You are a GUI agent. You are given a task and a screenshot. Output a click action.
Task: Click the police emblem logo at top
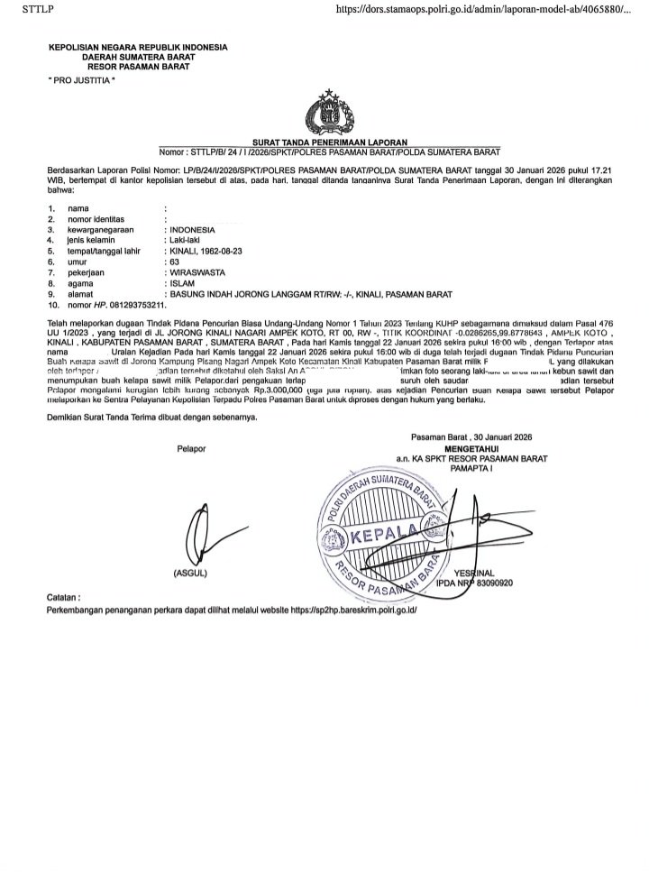[x=326, y=113]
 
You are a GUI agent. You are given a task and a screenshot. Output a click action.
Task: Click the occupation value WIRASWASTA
[x=197, y=271]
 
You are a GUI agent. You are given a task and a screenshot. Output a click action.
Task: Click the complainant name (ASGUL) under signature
[x=190, y=574]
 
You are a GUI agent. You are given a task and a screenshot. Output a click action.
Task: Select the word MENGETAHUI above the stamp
[x=477, y=448]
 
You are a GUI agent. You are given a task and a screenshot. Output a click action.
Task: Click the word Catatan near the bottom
[x=62, y=597]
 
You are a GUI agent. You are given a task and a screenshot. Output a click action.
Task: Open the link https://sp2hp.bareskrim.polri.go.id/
[x=354, y=610]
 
